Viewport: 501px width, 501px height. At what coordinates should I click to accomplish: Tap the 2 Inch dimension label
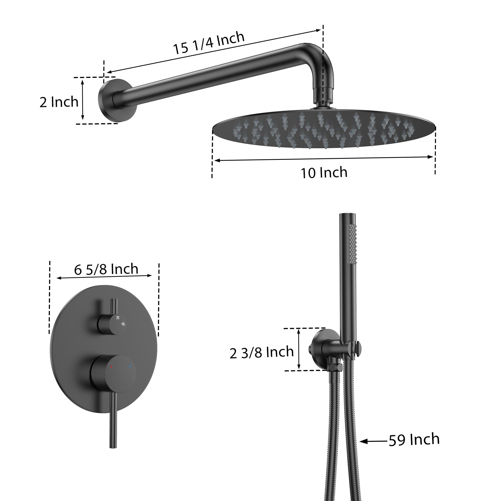(x=59, y=102)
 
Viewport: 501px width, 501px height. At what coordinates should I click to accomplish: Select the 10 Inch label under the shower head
(x=324, y=173)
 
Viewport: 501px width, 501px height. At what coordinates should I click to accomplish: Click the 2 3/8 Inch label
(x=261, y=352)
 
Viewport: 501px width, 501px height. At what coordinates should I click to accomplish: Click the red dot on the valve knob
(x=111, y=367)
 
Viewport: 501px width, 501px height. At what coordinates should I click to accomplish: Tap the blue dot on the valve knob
(x=130, y=367)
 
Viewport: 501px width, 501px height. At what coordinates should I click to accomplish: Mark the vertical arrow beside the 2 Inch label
(x=82, y=100)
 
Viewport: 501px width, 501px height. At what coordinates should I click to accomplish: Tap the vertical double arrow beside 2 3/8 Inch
(x=299, y=349)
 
